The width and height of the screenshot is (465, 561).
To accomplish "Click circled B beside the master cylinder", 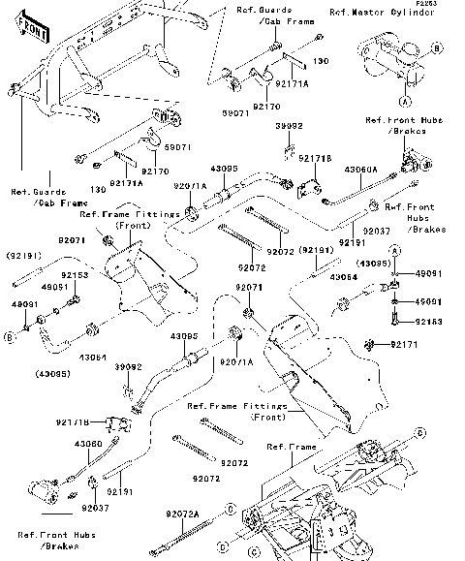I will pyautogui.click(x=437, y=47).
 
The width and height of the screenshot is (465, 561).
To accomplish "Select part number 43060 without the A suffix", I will pyautogui.click(x=88, y=444).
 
